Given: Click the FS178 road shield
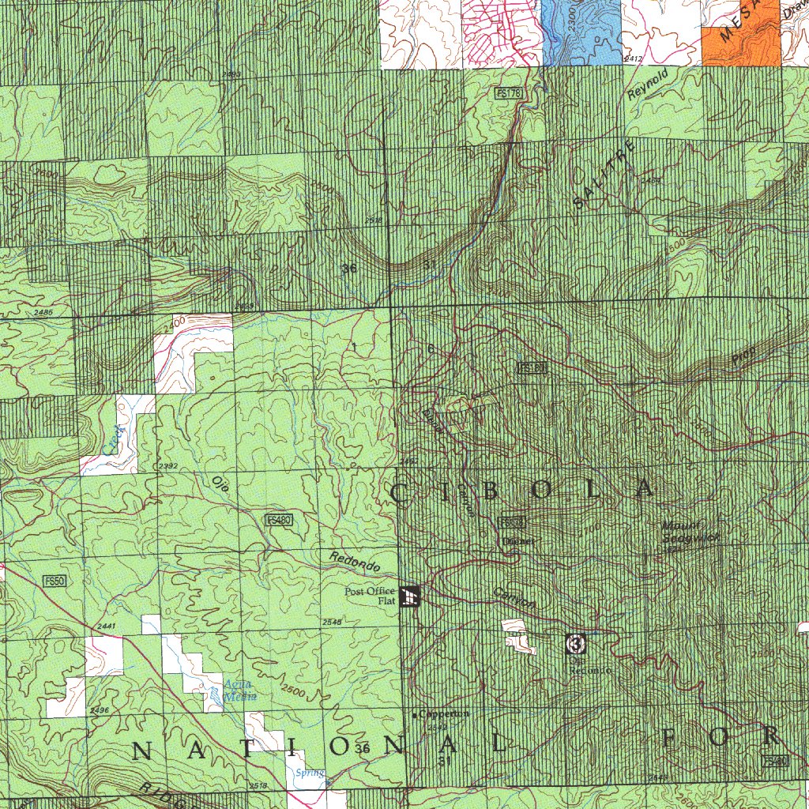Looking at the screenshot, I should tap(510, 94).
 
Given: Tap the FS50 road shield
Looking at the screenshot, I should tap(55, 581).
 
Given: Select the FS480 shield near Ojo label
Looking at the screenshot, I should tap(279, 520).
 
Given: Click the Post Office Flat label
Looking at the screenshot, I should tap(370, 596).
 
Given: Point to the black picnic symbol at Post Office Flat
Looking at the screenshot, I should tap(410, 597).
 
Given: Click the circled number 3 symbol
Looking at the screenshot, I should tap(575, 645).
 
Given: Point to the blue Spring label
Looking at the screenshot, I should tap(308, 773).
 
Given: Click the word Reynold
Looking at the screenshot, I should tap(648, 83).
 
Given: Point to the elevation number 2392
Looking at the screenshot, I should tap(167, 466).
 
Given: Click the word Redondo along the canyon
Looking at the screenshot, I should tap(355, 562).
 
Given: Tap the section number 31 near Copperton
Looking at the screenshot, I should tap(443, 760).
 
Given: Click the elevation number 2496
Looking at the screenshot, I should tap(100, 710).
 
